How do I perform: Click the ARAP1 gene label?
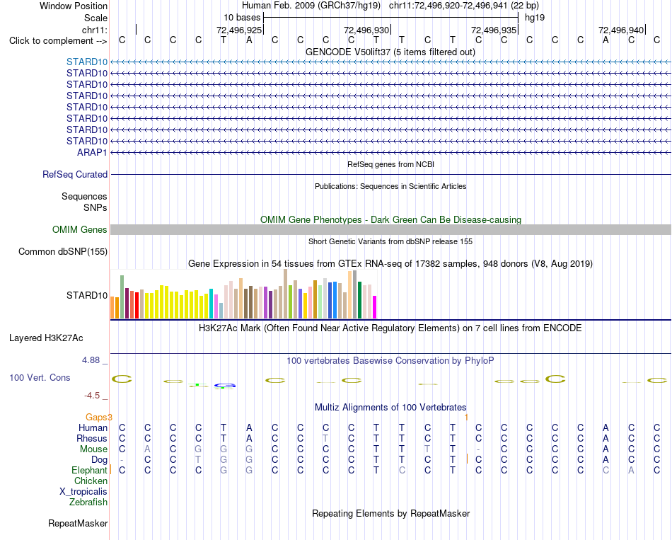coord(92,152)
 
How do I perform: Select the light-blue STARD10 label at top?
coord(87,62)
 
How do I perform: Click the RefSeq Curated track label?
coord(75,175)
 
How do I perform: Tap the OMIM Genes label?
coord(80,229)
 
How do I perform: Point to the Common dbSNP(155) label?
coord(63,252)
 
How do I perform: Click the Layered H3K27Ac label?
coord(46,338)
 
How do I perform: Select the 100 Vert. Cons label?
coord(40,377)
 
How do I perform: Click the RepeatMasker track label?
coord(78,523)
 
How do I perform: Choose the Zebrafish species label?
coord(88,502)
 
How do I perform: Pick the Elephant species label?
coord(90,470)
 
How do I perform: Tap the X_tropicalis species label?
coord(83,492)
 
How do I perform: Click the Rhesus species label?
coord(92,438)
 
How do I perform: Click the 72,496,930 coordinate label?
coord(366,30)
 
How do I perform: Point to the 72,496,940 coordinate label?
coord(621,30)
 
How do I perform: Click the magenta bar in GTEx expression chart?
coord(375,307)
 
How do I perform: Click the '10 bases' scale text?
coord(242,18)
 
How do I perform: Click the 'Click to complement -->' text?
coord(58,41)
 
